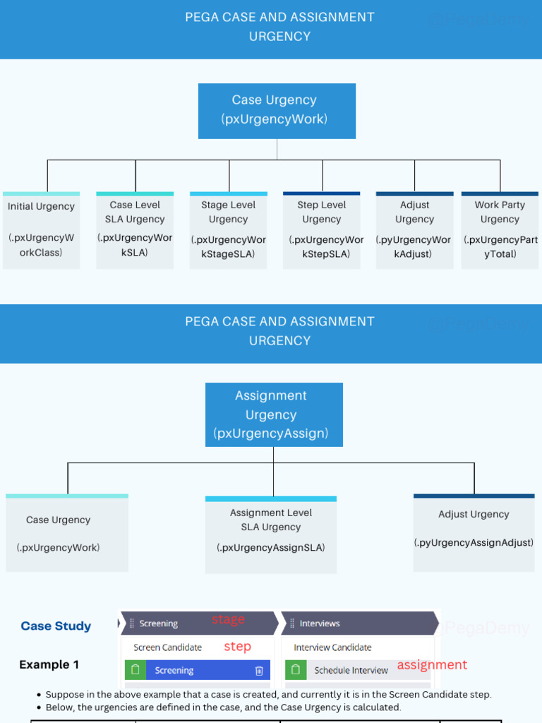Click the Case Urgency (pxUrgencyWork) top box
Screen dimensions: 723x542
point(277,110)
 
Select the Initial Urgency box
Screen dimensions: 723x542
point(41,230)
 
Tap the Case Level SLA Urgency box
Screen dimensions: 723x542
point(135,230)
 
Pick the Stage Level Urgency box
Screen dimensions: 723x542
point(229,230)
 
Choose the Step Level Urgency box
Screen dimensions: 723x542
point(322,230)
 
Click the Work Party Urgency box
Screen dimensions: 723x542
point(500,230)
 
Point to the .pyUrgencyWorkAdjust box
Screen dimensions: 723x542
point(415,230)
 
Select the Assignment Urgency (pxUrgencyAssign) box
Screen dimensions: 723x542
point(274,414)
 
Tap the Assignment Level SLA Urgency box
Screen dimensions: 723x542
point(271,534)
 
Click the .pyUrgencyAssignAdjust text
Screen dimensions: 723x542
point(474,542)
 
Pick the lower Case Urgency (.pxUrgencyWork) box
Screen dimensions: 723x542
point(67,533)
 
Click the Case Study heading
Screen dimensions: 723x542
point(56,626)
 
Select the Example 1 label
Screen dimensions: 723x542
point(49,664)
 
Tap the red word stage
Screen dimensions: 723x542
point(228,619)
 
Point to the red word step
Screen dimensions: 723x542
point(237,646)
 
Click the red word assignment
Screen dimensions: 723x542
point(432,664)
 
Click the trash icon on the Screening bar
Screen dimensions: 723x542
point(259,670)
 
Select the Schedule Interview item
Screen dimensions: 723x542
point(351,670)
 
